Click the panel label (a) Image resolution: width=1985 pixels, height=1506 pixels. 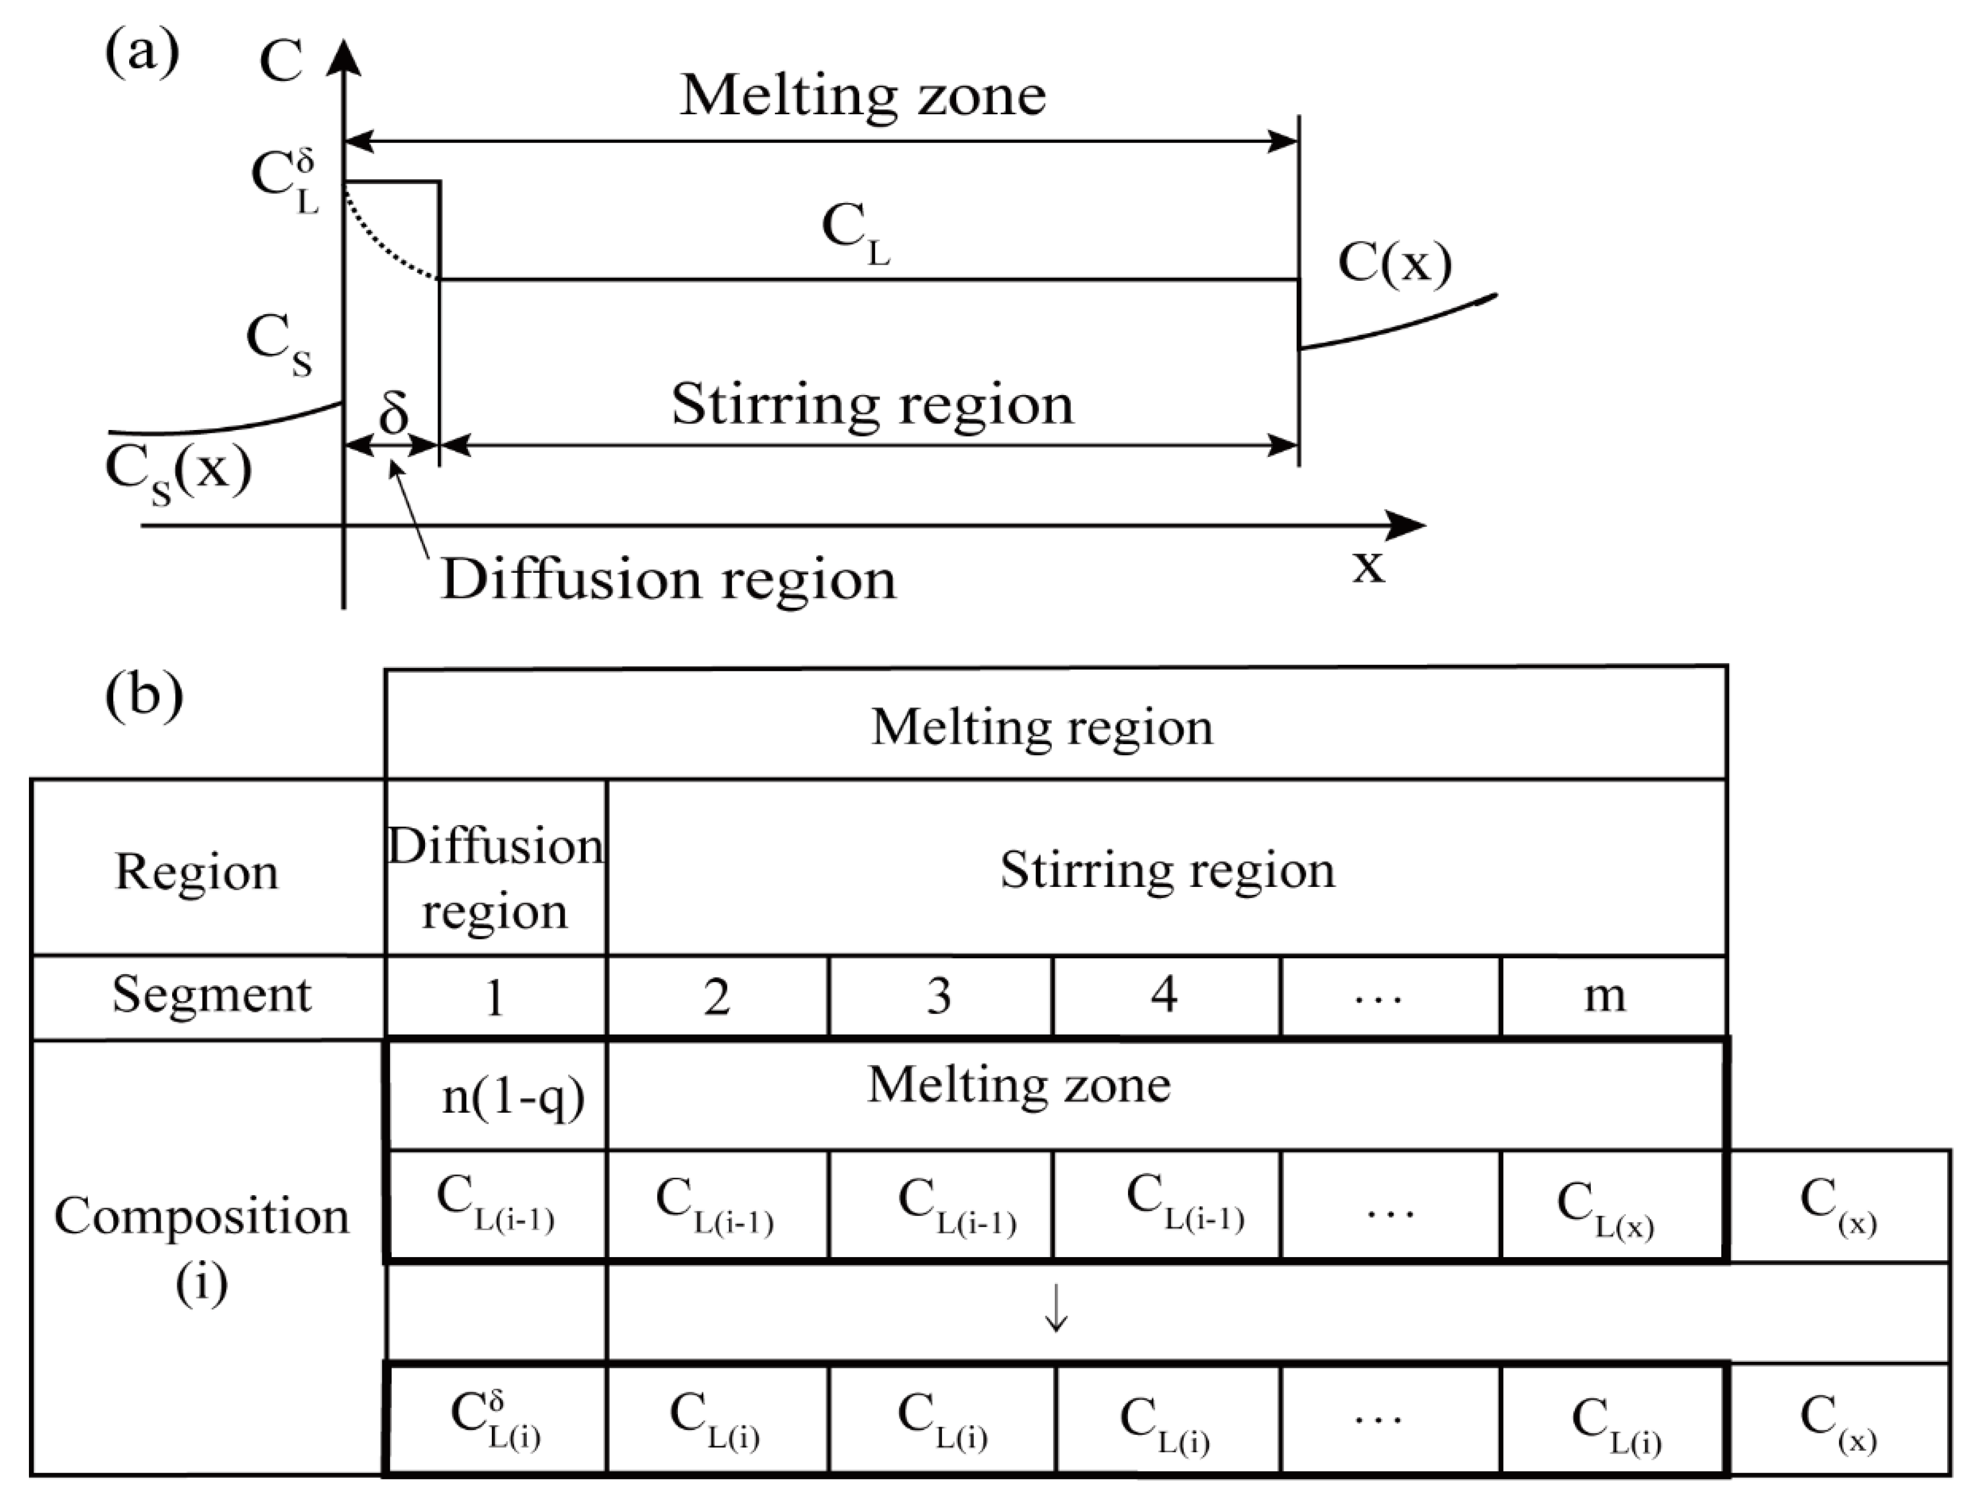point(142,54)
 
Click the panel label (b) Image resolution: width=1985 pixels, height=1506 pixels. point(144,695)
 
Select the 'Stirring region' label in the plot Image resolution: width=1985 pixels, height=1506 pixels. point(872,405)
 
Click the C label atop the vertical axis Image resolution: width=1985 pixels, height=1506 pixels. point(281,63)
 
